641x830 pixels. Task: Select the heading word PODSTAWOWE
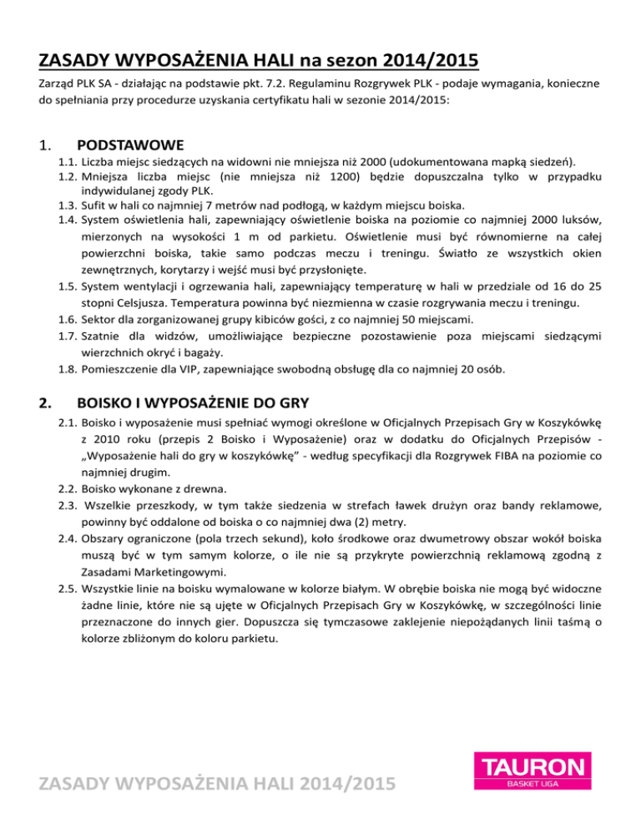click(130, 146)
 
